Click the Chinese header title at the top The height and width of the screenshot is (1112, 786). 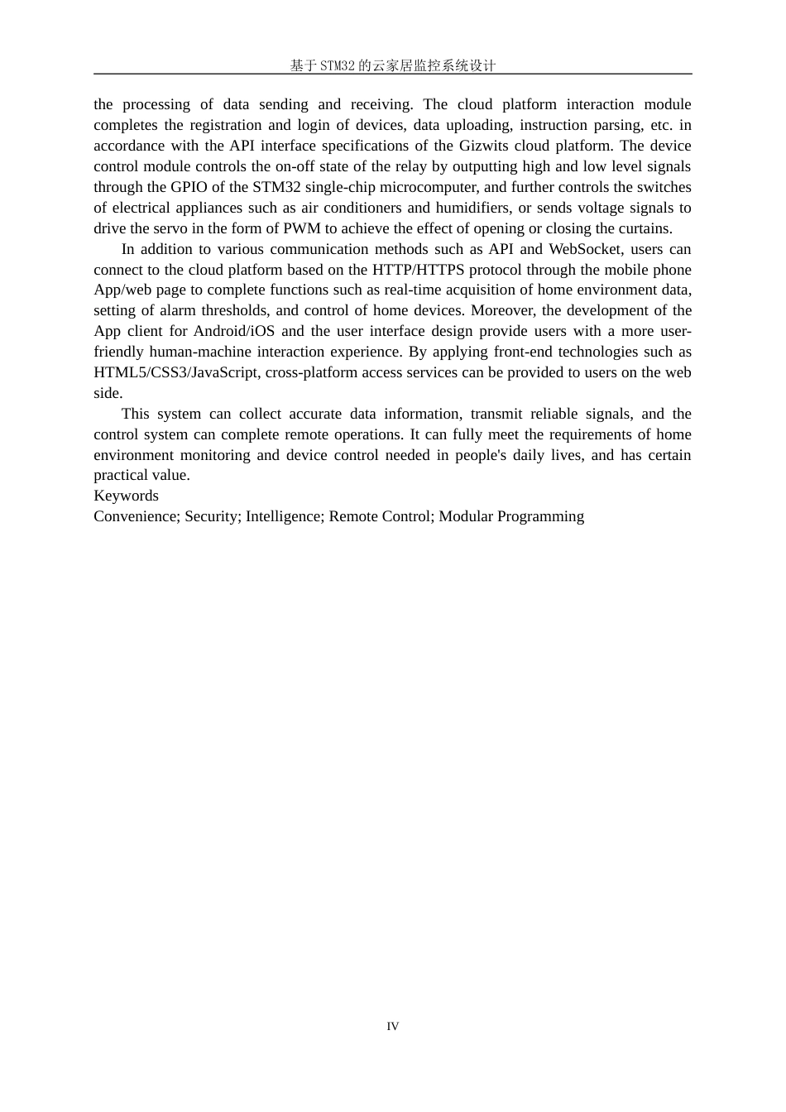click(x=392, y=65)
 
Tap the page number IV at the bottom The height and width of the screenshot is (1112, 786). click(x=392, y=1027)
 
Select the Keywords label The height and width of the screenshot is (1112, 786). click(x=126, y=496)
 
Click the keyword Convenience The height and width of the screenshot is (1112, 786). click(x=135, y=516)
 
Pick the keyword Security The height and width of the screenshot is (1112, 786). click(x=212, y=516)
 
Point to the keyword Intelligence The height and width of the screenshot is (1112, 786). click(x=284, y=516)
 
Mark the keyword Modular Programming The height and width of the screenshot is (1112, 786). click(x=511, y=516)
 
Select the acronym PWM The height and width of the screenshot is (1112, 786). click(x=302, y=228)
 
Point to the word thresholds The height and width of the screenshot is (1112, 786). click(x=231, y=310)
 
